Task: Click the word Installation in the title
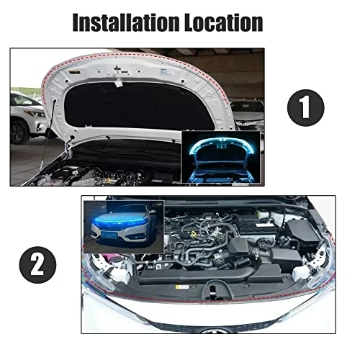coord(126,22)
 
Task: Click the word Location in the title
coord(224,22)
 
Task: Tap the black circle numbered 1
coord(305,107)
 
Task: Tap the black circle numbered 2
coord(37,265)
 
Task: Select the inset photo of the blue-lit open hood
coord(221,157)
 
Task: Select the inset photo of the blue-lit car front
coord(124,227)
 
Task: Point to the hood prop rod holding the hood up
coord(48,135)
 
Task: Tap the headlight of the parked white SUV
coord(37,113)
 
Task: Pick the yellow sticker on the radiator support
coord(182,287)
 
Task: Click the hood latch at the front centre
coord(212,289)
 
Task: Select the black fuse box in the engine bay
coord(303,232)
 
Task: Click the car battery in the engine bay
coord(257,225)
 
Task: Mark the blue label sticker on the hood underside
coord(163,71)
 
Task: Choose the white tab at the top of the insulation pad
coord(119,84)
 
